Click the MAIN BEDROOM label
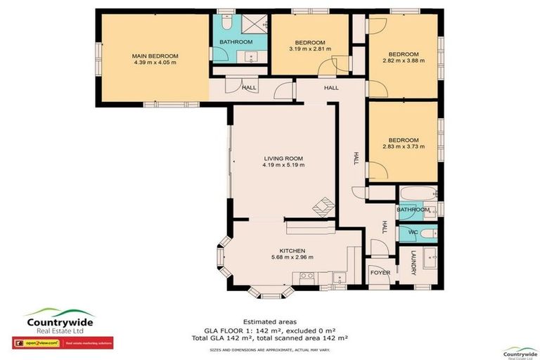[x=155, y=56]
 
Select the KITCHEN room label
[x=292, y=250]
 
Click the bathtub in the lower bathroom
[x=416, y=194]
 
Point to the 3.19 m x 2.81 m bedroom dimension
[x=310, y=49]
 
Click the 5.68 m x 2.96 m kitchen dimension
[x=292, y=257]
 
